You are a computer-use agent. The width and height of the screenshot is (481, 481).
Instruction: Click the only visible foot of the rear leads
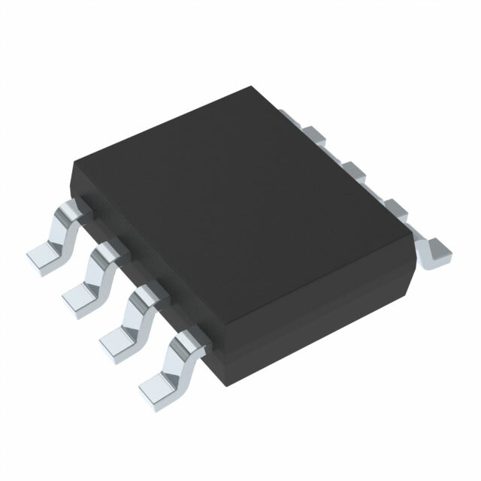coord(434,252)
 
